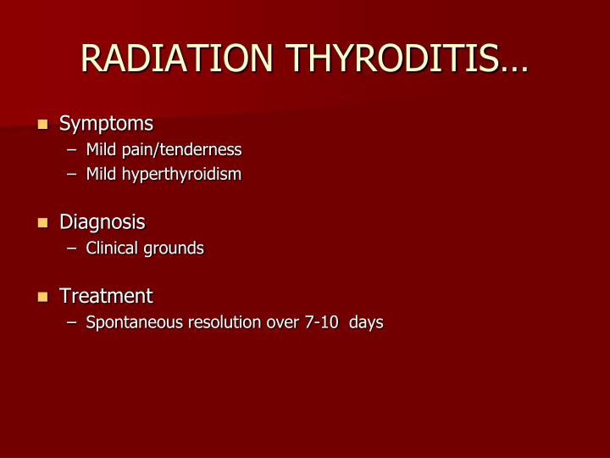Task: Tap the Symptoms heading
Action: click(106, 124)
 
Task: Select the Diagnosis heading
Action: click(102, 222)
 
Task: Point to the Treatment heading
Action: click(106, 296)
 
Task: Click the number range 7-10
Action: click(316, 322)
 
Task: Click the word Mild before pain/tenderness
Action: click(101, 150)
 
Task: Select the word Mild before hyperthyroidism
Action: click(101, 175)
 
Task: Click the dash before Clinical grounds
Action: click(73, 249)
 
